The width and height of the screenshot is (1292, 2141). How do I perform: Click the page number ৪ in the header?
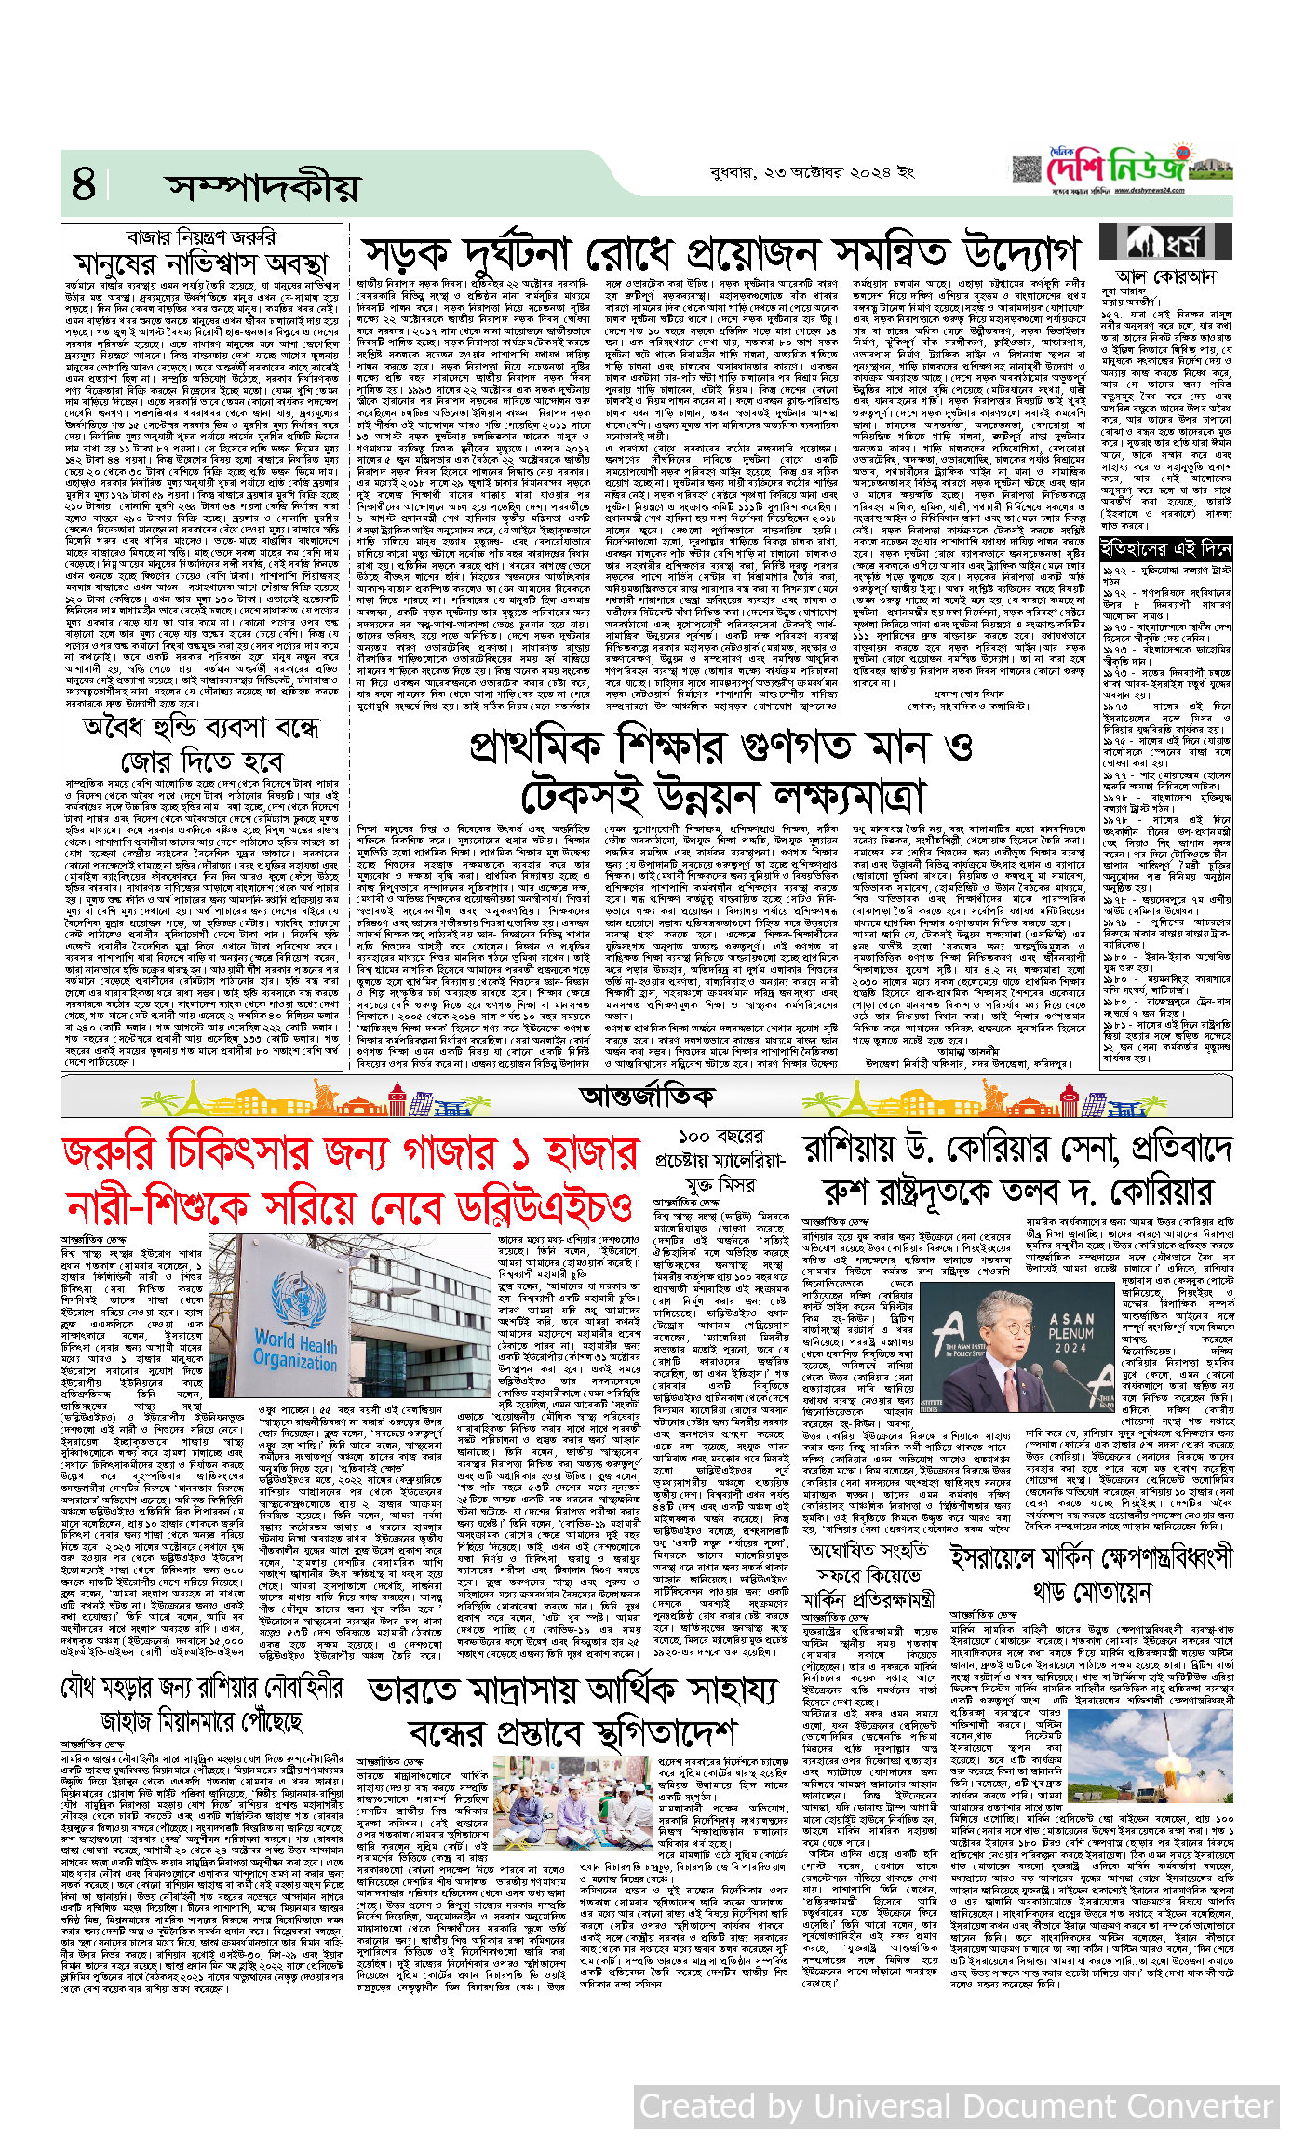84,184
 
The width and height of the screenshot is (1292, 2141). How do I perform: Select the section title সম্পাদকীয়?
262,187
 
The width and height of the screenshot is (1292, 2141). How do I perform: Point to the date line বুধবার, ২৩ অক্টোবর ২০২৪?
812,172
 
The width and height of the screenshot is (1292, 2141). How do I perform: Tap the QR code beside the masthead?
1027,170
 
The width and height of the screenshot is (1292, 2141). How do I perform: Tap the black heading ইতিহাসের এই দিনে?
1166,549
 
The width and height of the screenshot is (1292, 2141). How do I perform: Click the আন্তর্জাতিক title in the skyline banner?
646,1096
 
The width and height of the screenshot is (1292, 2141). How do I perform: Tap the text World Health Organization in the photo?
295,1350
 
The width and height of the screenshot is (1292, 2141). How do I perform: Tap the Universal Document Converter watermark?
957,2105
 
